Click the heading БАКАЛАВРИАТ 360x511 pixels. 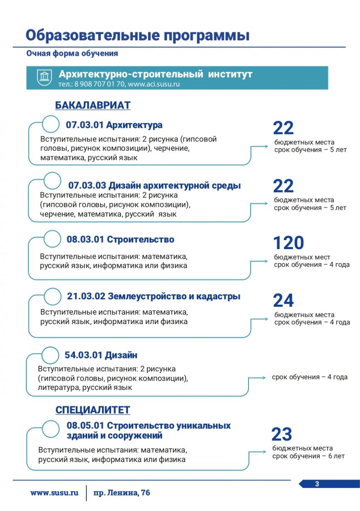[92, 105]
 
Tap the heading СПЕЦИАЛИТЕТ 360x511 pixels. [92, 410]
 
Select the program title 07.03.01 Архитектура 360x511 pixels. [114, 125]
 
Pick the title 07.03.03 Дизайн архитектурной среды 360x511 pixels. [154, 186]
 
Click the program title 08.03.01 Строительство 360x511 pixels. [120, 239]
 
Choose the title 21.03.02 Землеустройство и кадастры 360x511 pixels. [154, 296]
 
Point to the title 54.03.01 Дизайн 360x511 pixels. [101, 355]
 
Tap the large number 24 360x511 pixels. [283, 301]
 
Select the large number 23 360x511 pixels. [282, 434]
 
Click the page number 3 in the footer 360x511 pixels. [317, 483]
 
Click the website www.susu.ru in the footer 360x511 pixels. [54, 493]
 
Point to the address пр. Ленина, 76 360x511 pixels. [121, 493]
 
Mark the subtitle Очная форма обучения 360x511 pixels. [72, 54]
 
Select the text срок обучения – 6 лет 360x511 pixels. [309, 456]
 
